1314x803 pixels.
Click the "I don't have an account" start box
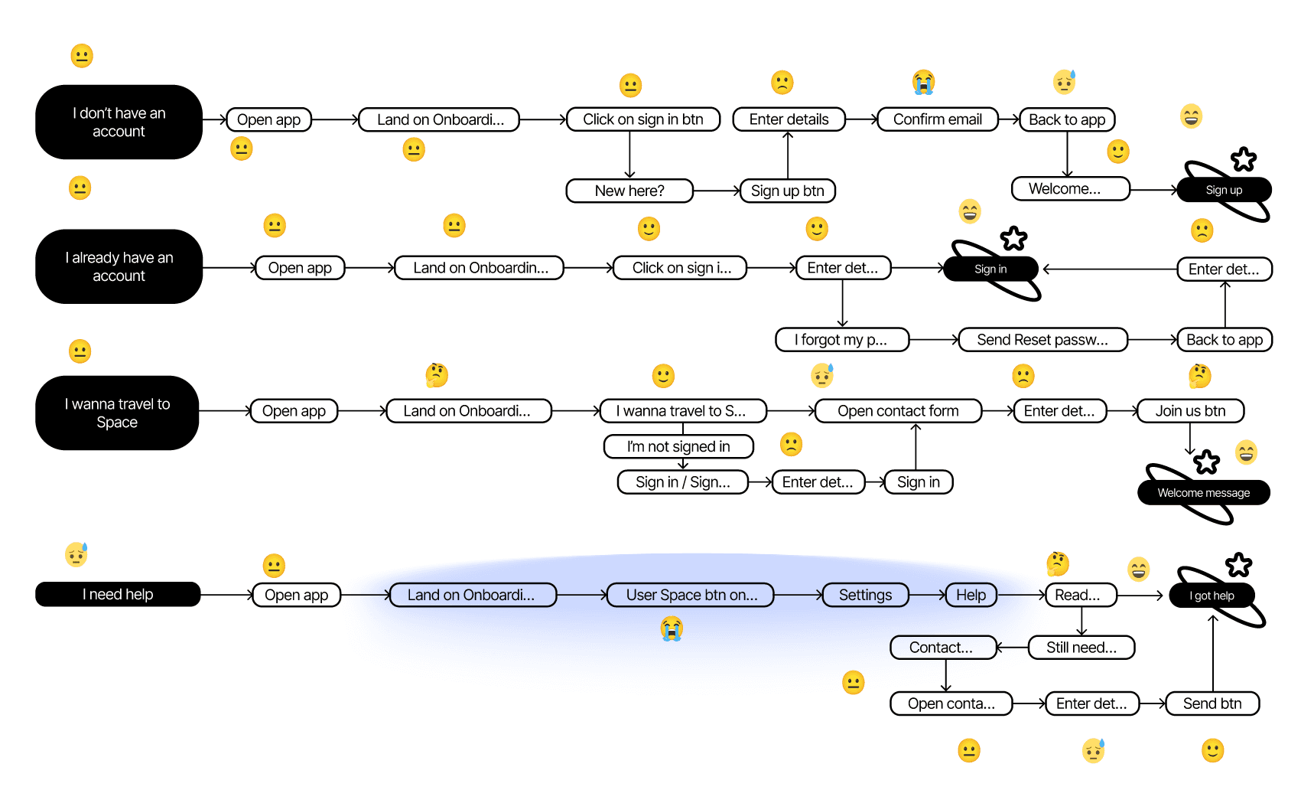point(119,122)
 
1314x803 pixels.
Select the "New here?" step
point(629,191)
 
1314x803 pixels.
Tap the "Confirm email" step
point(937,119)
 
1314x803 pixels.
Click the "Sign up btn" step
point(787,191)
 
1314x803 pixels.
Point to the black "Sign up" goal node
point(1224,190)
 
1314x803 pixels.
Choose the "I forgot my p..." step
point(841,340)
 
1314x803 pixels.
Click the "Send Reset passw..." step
point(1042,340)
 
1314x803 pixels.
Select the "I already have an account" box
point(119,266)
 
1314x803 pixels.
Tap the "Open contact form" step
point(898,411)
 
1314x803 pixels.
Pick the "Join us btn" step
point(1190,411)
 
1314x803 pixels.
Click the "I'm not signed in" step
point(678,446)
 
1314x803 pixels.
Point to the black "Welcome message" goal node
point(1203,493)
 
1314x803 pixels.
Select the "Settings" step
point(865,595)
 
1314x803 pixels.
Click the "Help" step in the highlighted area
point(971,595)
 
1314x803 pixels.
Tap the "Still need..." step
point(1081,648)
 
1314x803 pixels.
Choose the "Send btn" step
point(1212,703)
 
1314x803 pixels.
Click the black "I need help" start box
point(118,595)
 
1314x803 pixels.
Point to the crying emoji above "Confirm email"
point(923,82)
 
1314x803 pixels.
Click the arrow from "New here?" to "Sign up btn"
point(717,191)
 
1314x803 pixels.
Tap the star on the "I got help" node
point(1238,566)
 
